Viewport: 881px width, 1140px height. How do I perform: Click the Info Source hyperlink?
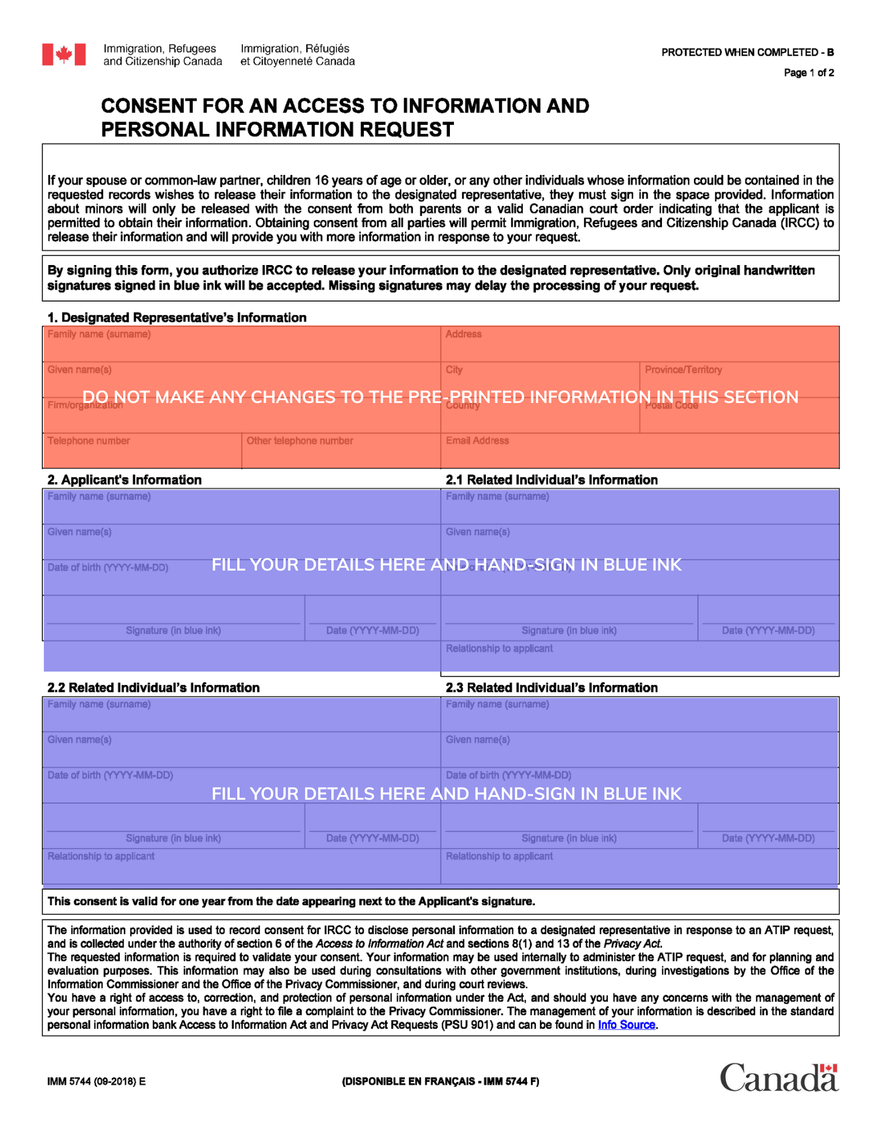(x=626, y=1025)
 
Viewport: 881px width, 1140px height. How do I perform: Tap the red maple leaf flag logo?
(x=64, y=55)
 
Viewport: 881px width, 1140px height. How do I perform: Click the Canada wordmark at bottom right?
(x=778, y=1077)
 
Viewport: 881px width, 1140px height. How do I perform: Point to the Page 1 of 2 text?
(x=809, y=73)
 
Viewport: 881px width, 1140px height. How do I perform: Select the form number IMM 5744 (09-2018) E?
(x=96, y=1081)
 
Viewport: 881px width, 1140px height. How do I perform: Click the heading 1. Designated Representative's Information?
(x=177, y=317)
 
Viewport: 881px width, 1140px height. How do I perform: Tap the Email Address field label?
(x=477, y=441)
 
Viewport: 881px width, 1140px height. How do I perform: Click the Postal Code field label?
(x=672, y=406)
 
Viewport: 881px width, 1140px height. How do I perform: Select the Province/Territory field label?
(x=683, y=370)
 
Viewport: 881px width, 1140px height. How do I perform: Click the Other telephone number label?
(x=299, y=441)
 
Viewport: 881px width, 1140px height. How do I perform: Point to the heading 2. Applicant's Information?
(x=124, y=480)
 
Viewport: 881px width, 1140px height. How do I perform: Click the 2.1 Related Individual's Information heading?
(x=551, y=480)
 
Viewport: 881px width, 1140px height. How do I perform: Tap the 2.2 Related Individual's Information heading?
(x=153, y=687)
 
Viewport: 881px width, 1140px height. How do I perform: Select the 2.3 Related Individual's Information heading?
(x=551, y=687)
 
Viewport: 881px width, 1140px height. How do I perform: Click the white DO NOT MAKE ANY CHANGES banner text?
(x=440, y=397)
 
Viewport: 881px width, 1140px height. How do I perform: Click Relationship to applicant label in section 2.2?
(x=101, y=856)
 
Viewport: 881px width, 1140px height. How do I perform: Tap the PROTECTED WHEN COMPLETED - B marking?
(x=747, y=52)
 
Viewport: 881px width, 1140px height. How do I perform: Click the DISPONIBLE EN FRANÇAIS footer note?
(x=440, y=1081)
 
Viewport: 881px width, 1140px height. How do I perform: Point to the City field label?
(x=454, y=370)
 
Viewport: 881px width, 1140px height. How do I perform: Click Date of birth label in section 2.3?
(x=508, y=775)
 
